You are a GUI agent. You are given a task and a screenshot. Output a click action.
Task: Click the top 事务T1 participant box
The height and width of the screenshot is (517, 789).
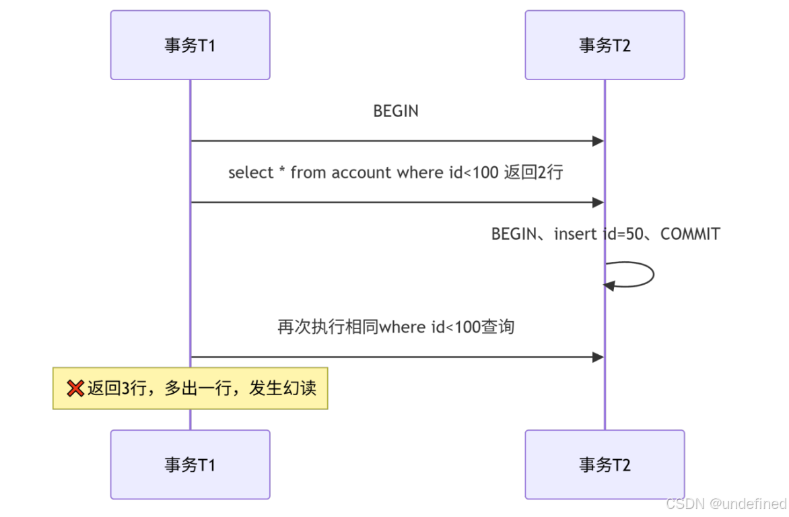click(191, 45)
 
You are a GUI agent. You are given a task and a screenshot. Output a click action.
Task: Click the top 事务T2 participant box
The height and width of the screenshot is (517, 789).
click(605, 45)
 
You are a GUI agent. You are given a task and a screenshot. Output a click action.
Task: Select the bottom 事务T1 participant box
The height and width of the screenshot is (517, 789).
click(191, 464)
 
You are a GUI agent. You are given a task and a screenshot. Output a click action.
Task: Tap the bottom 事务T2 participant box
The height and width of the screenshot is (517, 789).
click(605, 464)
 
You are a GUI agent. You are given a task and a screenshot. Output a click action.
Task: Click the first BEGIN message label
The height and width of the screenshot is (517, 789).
click(395, 111)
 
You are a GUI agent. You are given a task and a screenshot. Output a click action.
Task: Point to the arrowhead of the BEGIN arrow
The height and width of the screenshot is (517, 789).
click(598, 141)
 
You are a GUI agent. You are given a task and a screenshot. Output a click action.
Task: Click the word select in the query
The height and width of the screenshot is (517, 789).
click(250, 172)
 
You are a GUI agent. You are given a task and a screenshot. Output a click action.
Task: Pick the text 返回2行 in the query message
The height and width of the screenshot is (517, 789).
click(533, 172)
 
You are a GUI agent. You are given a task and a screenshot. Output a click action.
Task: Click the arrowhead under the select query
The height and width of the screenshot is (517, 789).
click(598, 203)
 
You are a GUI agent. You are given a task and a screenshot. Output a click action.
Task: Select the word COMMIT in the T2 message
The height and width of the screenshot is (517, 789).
click(690, 234)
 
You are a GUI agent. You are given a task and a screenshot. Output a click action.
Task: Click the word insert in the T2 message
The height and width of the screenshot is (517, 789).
click(575, 234)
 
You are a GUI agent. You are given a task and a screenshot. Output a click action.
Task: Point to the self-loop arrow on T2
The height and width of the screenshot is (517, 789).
click(653, 275)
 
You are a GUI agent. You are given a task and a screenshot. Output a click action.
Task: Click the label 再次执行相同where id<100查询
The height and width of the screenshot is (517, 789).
click(395, 326)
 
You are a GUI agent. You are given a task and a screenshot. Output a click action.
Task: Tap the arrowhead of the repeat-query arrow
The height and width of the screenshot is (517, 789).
click(598, 357)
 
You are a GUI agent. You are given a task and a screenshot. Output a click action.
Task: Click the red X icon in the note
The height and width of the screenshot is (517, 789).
click(75, 388)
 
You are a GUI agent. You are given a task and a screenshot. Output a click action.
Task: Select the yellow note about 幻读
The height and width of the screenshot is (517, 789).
click(191, 388)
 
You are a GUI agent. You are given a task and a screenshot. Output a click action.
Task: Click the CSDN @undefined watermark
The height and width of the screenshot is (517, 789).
click(726, 504)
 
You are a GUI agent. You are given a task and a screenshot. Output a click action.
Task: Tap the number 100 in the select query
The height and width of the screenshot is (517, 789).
click(485, 172)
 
